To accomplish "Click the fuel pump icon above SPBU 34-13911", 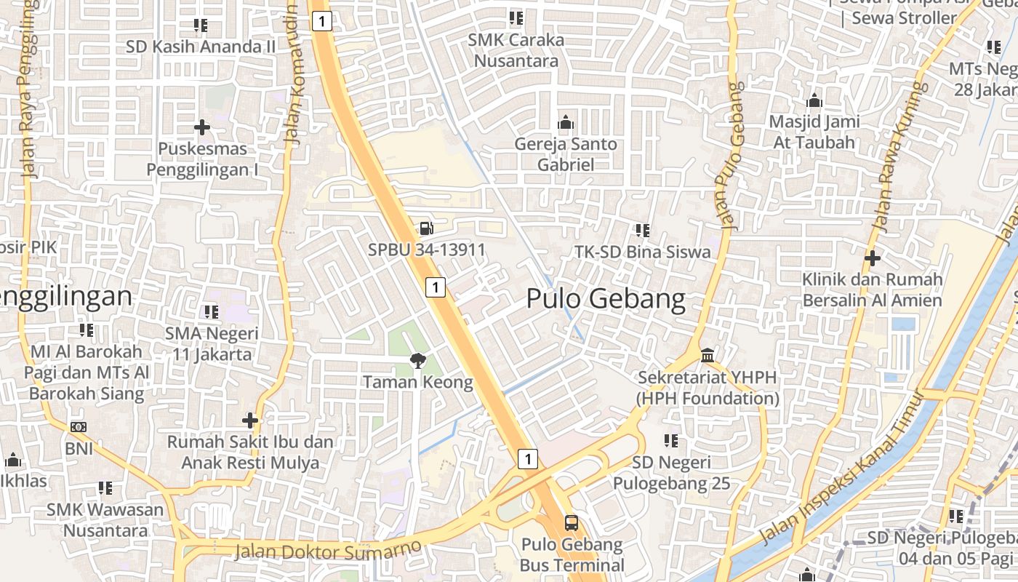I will pyautogui.click(x=427, y=228).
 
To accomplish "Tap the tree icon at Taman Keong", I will pyautogui.click(x=417, y=359).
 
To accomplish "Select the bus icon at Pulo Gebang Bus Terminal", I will pyautogui.click(x=572, y=522).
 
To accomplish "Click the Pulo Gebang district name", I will pyautogui.click(x=606, y=299).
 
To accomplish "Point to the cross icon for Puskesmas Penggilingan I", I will pyautogui.click(x=202, y=128).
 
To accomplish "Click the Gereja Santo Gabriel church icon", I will pyautogui.click(x=565, y=122).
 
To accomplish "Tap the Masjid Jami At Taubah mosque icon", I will pyautogui.click(x=814, y=100).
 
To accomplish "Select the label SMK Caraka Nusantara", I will pyautogui.click(x=516, y=50).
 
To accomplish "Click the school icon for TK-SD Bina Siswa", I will pyautogui.click(x=642, y=231).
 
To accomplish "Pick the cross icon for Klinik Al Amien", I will pyautogui.click(x=873, y=258).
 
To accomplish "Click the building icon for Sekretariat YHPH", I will pyautogui.click(x=708, y=356).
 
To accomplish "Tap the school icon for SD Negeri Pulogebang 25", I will pyautogui.click(x=670, y=441).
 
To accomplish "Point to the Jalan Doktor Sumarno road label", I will pyautogui.click(x=328, y=549).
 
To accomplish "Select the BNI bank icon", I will pyautogui.click(x=79, y=427).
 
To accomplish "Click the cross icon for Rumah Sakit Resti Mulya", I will pyautogui.click(x=250, y=420).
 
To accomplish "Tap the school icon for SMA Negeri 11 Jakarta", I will pyautogui.click(x=212, y=312).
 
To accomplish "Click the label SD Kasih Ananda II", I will pyautogui.click(x=201, y=47).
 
